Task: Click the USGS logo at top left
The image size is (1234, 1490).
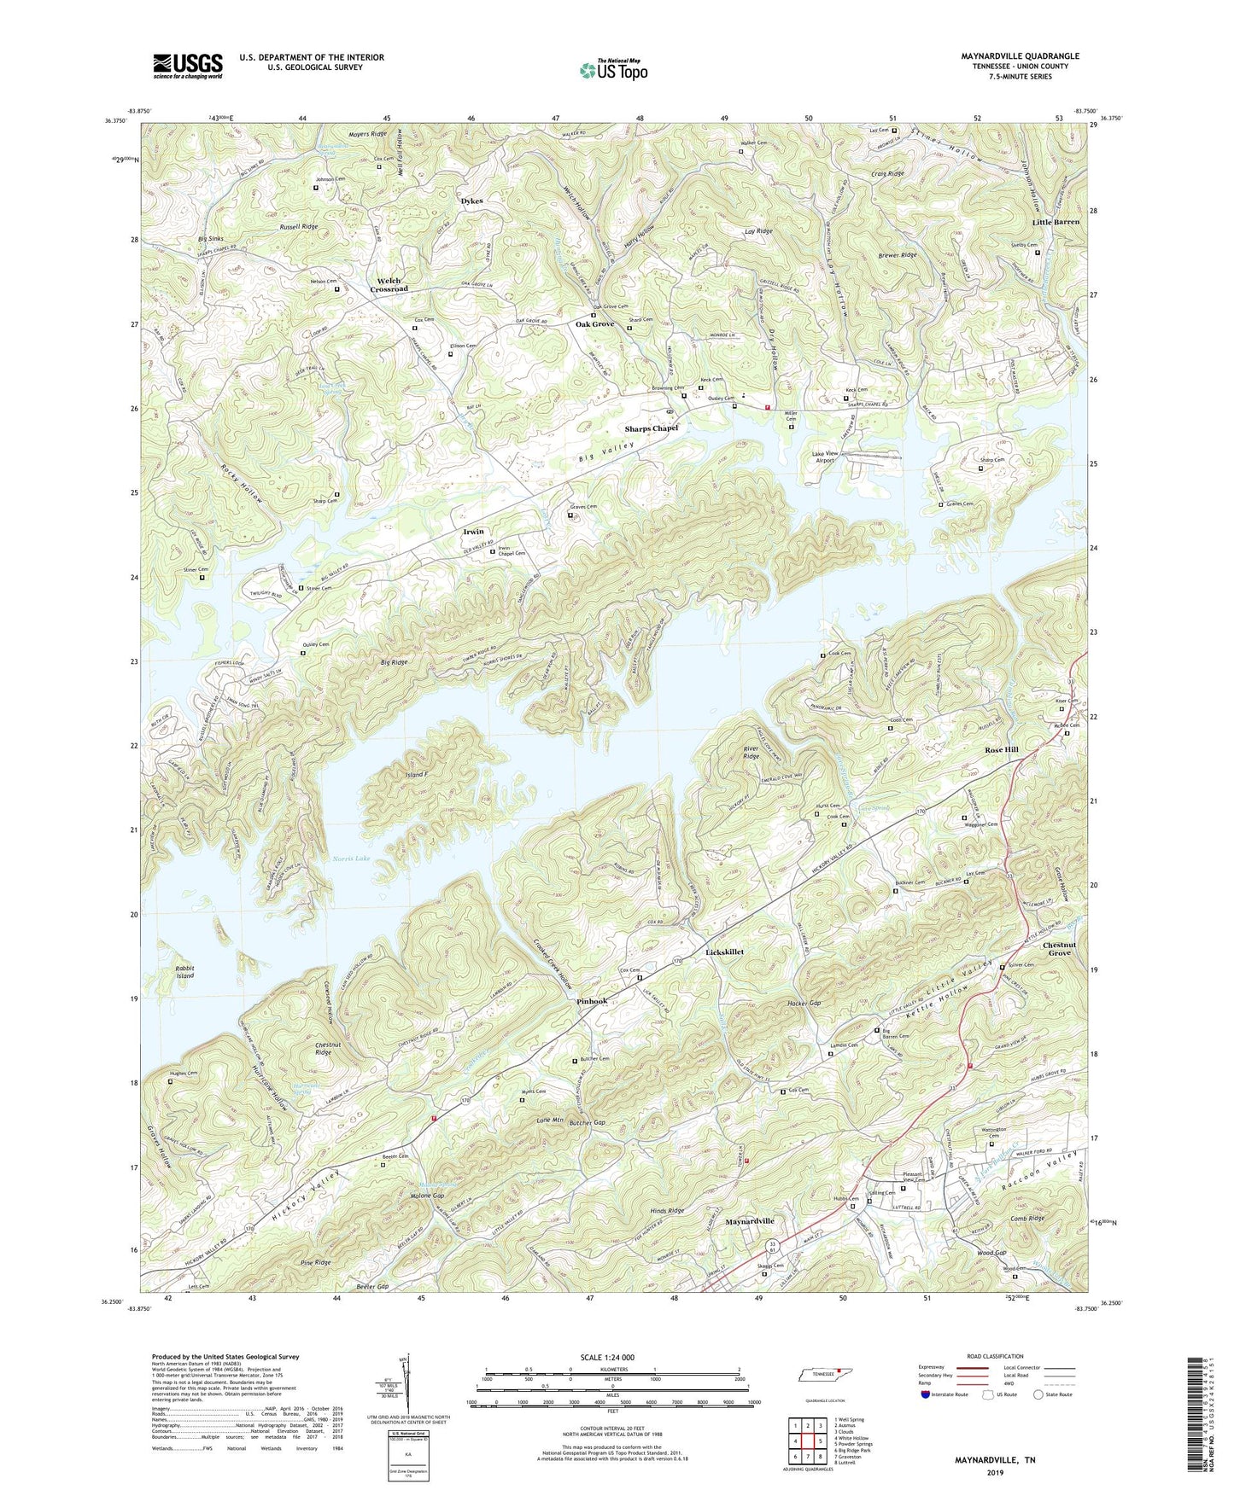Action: tap(188, 66)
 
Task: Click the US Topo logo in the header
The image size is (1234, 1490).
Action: tap(612, 70)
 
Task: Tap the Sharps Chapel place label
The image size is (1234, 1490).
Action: tap(651, 428)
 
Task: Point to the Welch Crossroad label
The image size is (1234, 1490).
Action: tap(389, 285)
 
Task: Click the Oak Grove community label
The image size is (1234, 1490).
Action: tap(594, 324)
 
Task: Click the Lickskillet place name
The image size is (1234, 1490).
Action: tap(724, 952)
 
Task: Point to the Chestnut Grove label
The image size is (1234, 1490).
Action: tap(1060, 948)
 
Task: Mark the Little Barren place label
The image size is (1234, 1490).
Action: tap(1056, 222)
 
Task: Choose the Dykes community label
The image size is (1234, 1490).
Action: tap(471, 201)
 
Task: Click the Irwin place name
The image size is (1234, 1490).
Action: tap(473, 532)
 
